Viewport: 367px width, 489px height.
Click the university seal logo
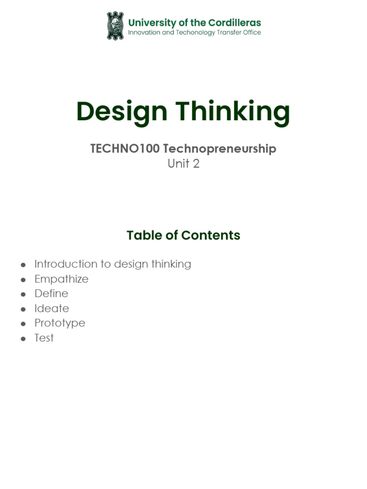115,26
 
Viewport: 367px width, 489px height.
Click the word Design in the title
122,111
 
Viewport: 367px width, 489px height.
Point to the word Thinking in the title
233,111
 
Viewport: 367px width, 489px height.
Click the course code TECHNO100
125,149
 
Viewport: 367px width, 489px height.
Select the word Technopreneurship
220,149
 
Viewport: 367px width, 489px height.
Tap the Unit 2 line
183,164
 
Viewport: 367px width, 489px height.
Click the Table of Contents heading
183,235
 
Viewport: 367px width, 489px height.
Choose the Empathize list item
61,279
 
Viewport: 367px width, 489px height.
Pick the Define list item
51,293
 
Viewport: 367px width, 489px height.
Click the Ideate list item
52,308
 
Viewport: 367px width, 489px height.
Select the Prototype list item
60,323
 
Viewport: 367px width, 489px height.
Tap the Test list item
44,338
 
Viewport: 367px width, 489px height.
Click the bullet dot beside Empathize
23,279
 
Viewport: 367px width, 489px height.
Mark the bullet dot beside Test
23,339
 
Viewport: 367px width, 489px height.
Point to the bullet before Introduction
23,265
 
